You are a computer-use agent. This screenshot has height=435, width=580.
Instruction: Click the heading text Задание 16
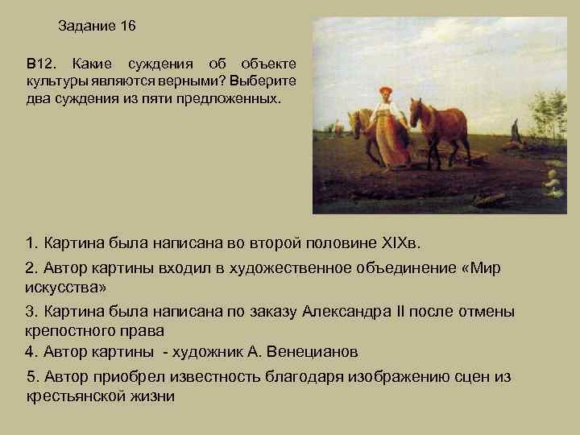coord(97,27)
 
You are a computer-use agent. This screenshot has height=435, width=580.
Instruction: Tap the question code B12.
coord(39,63)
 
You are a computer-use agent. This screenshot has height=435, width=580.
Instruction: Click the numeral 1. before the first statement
coord(31,242)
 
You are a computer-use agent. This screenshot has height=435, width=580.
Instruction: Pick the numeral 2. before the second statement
coord(31,268)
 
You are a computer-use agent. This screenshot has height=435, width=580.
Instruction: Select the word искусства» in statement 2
coord(64,288)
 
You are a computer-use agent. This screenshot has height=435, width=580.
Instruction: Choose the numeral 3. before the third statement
coord(31,312)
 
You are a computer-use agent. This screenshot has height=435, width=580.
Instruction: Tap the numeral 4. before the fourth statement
coord(31,352)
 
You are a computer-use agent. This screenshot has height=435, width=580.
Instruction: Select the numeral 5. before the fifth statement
coord(33,377)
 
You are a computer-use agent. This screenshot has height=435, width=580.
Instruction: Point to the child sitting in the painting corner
coord(551,183)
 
